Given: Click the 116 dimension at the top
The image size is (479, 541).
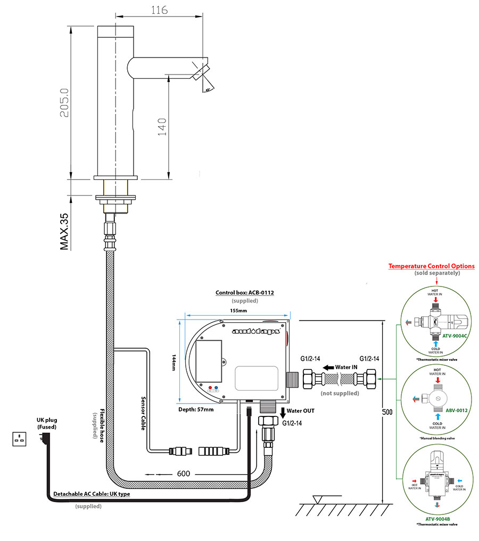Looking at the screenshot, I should point(159,10).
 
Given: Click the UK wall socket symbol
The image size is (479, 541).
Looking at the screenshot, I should point(20,439).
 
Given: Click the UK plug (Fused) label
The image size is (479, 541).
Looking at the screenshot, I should point(47,423).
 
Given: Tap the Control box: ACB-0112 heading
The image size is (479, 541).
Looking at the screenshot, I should point(244,293).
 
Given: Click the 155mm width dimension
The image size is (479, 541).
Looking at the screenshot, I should point(238,310).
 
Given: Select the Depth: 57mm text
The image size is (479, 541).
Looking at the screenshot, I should point(196,409).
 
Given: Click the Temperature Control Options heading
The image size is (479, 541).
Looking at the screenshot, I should point(431,266).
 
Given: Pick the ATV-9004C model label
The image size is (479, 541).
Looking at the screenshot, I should point(455,336).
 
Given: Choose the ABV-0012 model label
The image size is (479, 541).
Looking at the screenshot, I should point(457,410).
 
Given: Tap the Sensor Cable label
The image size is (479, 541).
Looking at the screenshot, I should point(142,411).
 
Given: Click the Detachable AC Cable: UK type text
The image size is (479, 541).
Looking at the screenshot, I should point(91,494).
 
